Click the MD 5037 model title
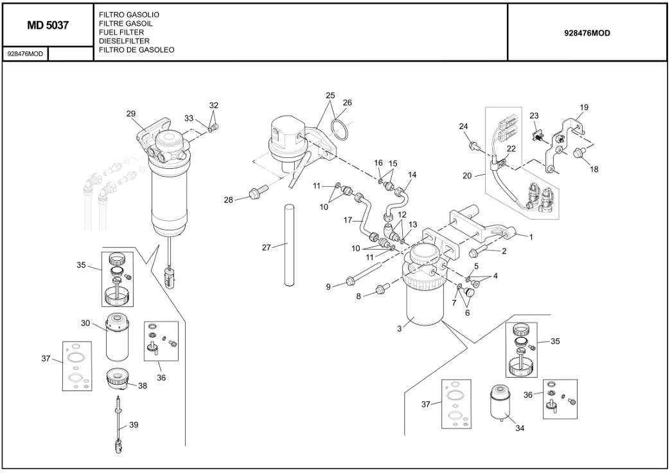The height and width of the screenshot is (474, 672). tap(48, 26)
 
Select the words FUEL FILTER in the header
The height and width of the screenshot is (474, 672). tap(121, 32)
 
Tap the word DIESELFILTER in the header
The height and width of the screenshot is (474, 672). tap(124, 41)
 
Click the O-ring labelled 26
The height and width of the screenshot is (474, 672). tap(341, 129)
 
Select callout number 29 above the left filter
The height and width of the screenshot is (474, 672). tap(131, 114)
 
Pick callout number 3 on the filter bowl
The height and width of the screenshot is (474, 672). tap(399, 329)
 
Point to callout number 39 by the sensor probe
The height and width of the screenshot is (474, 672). tap(134, 425)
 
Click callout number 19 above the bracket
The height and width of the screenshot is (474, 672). tap(583, 107)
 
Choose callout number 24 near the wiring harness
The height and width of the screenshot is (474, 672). tap(464, 126)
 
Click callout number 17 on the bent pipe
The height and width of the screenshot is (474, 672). tap(348, 220)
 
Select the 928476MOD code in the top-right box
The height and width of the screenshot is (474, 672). tap(587, 33)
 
